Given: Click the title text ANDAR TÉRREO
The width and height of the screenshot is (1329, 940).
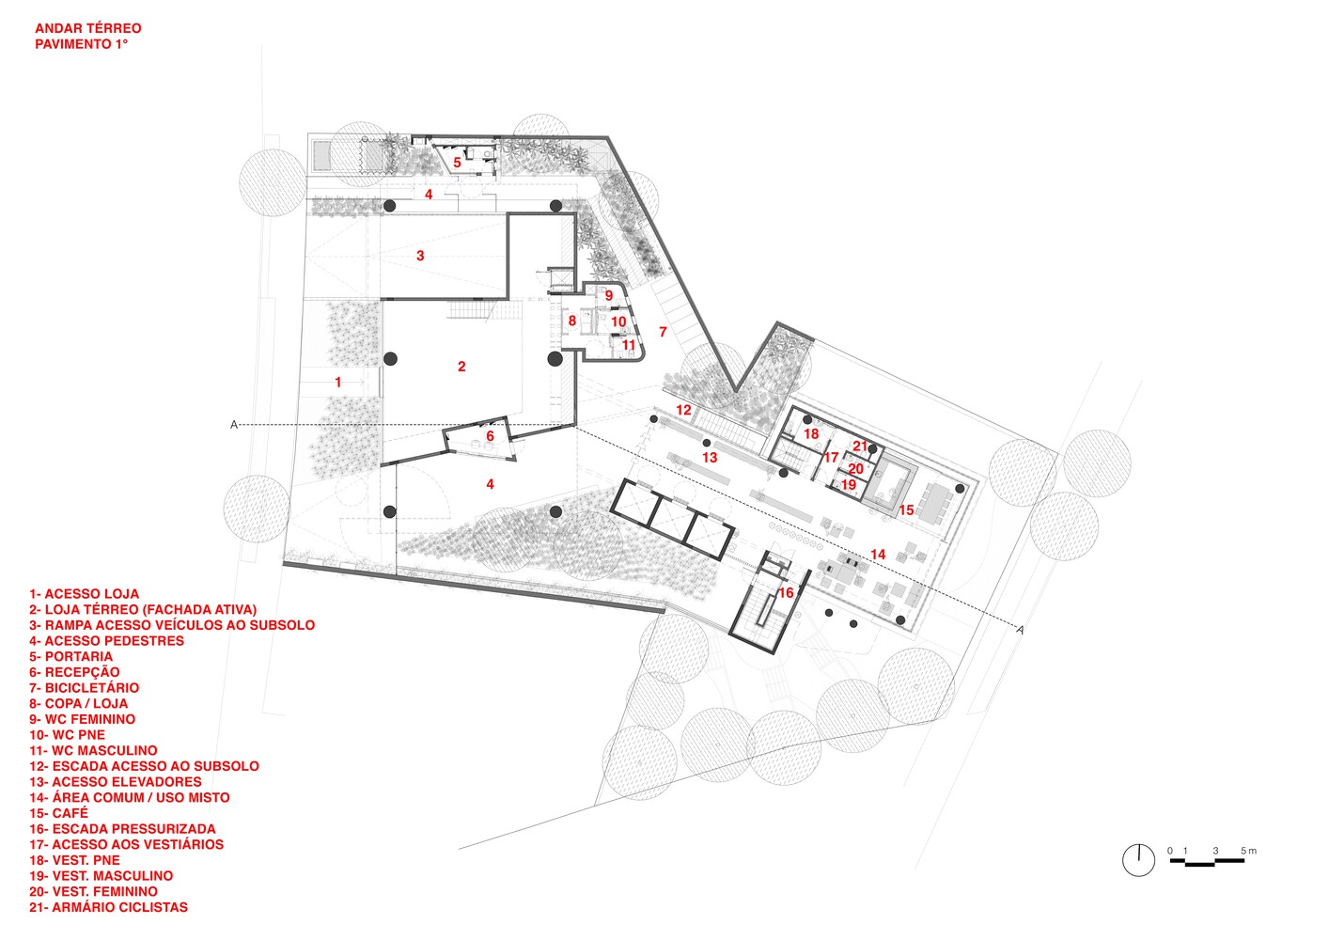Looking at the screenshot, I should pyautogui.click(x=87, y=28).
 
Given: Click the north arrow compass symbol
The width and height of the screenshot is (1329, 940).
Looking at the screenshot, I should pyautogui.click(x=1138, y=859).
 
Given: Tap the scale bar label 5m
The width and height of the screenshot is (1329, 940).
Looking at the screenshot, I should pyautogui.click(x=1248, y=851).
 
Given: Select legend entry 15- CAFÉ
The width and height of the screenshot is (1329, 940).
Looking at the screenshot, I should pyautogui.click(x=58, y=813).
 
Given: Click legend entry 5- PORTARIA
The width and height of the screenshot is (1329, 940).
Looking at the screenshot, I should pyautogui.click(x=70, y=656).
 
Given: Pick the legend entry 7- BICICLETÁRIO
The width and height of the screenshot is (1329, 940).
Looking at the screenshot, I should pyautogui.click(x=84, y=688).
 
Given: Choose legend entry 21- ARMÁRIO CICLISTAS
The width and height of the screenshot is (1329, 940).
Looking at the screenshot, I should pyautogui.click(x=108, y=907).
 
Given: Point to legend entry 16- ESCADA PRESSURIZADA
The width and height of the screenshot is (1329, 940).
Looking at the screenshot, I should pyautogui.click(x=122, y=829).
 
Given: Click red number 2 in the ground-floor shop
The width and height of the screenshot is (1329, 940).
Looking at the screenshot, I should pyautogui.click(x=461, y=367).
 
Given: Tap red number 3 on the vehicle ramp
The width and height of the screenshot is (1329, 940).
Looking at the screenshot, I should pyautogui.click(x=420, y=256).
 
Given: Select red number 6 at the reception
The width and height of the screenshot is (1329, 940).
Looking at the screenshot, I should pyautogui.click(x=490, y=436).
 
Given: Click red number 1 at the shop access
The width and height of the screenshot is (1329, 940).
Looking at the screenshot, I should pyautogui.click(x=338, y=383).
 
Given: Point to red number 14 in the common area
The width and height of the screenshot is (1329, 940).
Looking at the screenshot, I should pyautogui.click(x=878, y=555).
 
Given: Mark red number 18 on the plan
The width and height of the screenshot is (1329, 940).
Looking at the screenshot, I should pyautogui.click(x=811, y=434).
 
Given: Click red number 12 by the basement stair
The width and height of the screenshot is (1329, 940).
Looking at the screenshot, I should pyautogui.click(x=683, y=410).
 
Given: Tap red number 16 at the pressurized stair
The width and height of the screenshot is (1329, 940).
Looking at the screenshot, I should pyautogui.click(x=786, y=593).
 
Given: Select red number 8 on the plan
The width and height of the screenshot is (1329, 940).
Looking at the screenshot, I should pyautogui.click(x=571, y=321).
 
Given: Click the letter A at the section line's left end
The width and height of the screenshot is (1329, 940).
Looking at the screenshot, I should pyautogui.click(x=234, y=425).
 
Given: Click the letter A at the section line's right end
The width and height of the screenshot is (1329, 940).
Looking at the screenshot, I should pyautogui.click(x=1020, y=630).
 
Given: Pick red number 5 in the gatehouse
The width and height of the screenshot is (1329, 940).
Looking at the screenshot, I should pyautogui.click(x=458, y=163).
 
